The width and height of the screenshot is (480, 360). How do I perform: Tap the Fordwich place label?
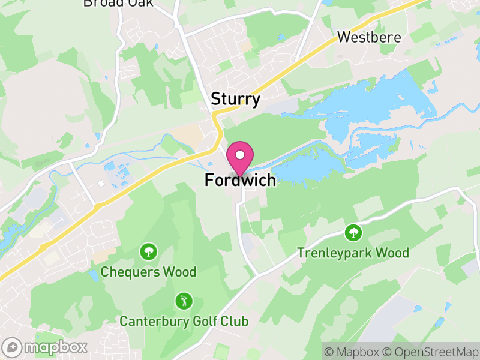(241, 180)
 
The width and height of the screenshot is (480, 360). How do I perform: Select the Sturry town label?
(236, 99)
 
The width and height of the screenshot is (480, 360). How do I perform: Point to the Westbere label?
(368, 37)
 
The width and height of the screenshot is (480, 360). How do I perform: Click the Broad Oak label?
(118, 3)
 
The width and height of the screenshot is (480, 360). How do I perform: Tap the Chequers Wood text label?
(148, 272)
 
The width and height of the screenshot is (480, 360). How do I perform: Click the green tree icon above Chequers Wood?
(148, 251)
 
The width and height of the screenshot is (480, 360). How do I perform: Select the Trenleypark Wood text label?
(353, 253)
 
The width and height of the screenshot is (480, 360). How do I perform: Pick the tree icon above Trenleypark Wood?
(353, 232)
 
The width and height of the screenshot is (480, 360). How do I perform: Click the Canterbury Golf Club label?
(184, 321)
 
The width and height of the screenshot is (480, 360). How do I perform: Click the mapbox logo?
(45, 347)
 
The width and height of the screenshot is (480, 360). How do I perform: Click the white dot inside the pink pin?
(241, 155)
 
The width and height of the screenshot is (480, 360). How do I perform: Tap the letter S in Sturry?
(215, 99)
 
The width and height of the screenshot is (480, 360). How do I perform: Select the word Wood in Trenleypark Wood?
(394, 253)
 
